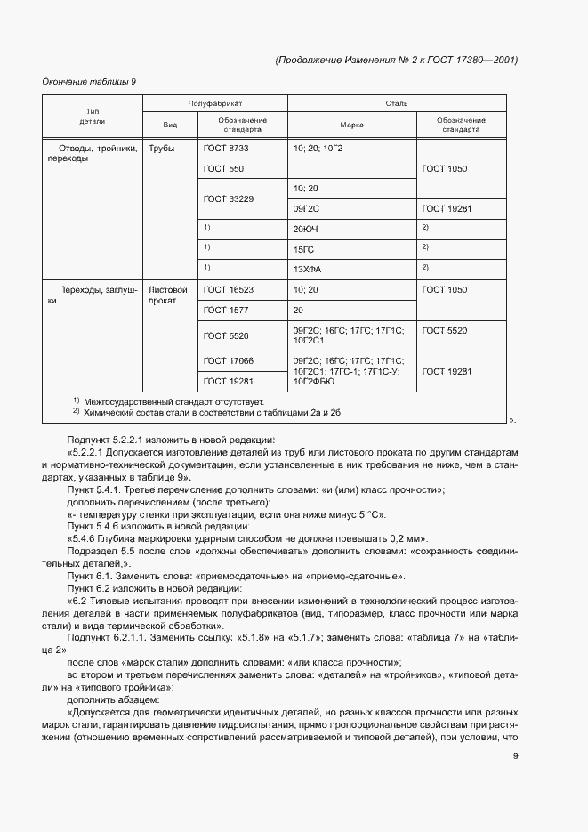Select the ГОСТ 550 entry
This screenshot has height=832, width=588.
pyautogui.click(x=222, y=168)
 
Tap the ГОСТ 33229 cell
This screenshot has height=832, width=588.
pyautogui.click(x=229, y=198)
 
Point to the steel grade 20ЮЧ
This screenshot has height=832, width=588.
pyautogui.click(x=305, y=228)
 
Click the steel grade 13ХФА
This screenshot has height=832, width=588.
pyautogui.click(x=306, y=267)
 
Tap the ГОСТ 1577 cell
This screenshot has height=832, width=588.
pyautogui.click(x=226, y=310)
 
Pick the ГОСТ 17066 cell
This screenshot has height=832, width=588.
pyautogui.click(x=229, y=360)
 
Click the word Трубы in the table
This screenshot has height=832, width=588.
pyautogui.click(x=162, y=149)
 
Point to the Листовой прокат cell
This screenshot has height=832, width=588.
pyautogui.click(x=168, y=295)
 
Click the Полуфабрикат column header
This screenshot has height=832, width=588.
pyautogui.click(x=215, y=104)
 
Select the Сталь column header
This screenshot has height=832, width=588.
pyautogui.click(x=396, y=104)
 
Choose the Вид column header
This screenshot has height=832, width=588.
pyautogui.click(x=170, y=125)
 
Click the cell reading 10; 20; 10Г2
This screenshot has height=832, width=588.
pyautogui.click(x=318, y=149)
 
